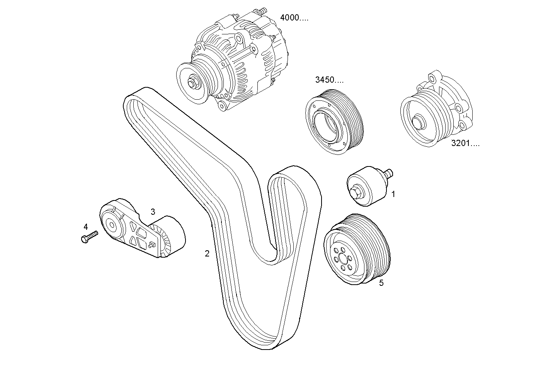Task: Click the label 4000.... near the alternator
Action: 294,18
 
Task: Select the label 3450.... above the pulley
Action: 329,80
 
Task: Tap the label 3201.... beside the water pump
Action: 465,144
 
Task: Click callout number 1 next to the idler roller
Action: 393,194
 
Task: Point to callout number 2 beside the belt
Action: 207,254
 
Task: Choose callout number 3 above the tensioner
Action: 153,212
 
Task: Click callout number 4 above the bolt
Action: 86,226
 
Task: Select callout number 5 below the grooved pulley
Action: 381,283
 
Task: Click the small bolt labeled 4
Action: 89,236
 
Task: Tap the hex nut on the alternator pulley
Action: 192,83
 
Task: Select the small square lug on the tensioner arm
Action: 152,244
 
